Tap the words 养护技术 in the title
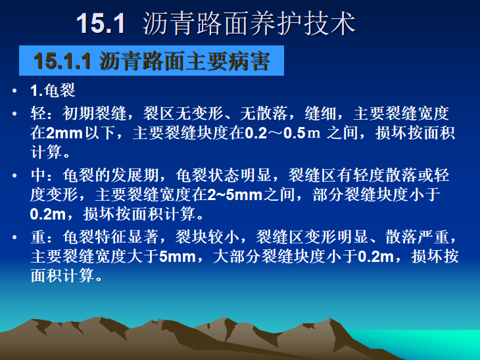(x=300, y=23)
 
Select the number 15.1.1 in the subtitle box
(x=62, y=62)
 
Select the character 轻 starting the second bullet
(x=37, y=114)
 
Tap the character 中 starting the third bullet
(x=37, y=176)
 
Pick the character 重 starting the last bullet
(x=37, y=238)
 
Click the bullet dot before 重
(x=14, y=238)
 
